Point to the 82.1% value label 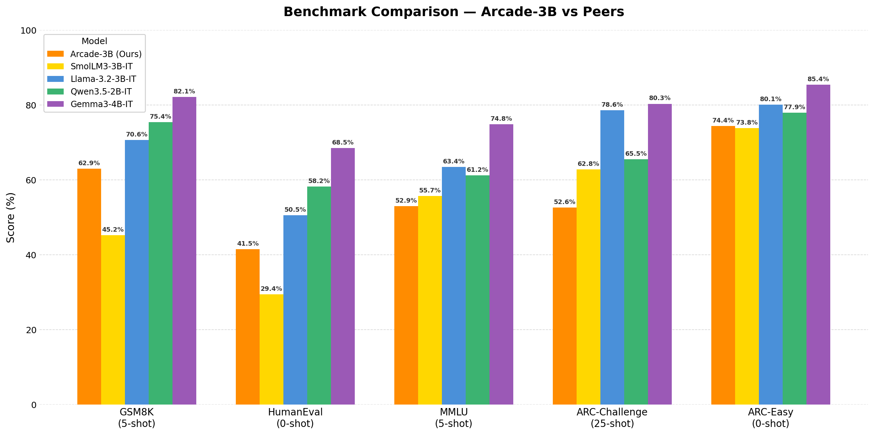(x=184, y=92)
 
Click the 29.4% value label (x=271, y=289)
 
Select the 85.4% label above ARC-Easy (x=818, y=79)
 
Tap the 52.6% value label (x=564, y=202)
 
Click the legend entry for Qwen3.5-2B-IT (x=101, y=92)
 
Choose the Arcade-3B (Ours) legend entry (x=106, y=54)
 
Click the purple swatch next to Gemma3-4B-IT (x=55, y=104)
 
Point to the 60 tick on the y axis (x=31, y=180)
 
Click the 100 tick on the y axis (x=28, y=31)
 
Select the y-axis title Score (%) (x=10, y=217)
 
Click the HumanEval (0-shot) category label (x=295, y=418)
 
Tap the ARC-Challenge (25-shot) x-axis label (x=612, y=418)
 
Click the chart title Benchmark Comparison (x=453, y=12)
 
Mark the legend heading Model (x=94, y=41)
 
